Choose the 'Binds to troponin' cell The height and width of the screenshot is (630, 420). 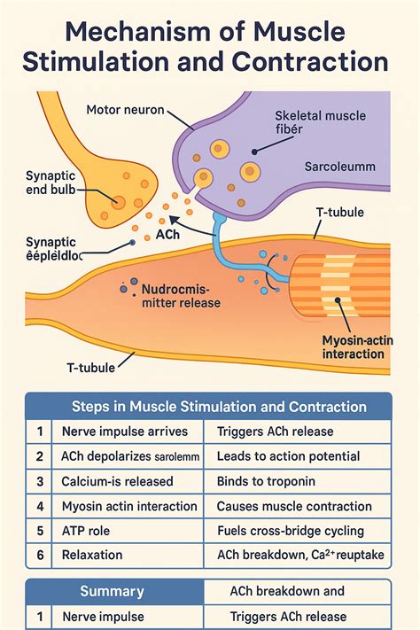268,481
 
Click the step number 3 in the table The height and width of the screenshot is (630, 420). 40,481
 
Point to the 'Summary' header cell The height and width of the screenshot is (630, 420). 112,591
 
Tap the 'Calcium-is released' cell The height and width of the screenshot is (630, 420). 118,481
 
